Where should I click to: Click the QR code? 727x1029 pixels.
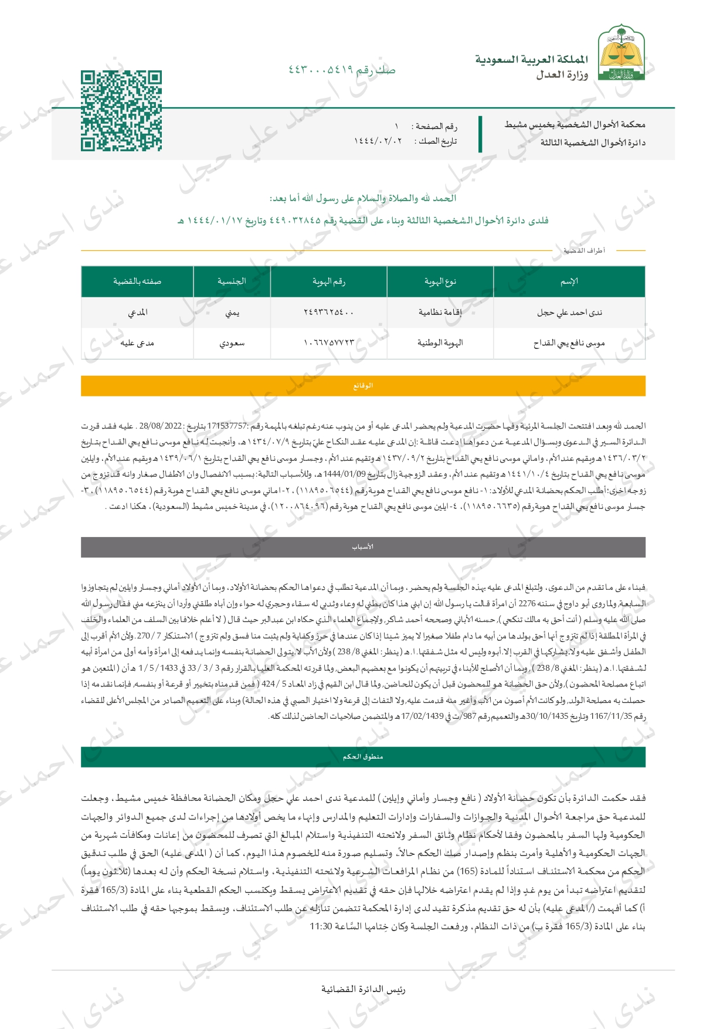121,111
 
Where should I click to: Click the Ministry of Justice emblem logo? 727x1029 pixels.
621,53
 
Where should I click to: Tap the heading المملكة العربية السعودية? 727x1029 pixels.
531,60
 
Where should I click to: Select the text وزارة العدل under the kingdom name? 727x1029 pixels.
562,75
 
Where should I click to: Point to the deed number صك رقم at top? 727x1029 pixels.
342,70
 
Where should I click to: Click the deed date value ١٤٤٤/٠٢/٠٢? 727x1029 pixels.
378,141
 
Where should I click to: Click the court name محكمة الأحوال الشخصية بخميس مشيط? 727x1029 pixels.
575,124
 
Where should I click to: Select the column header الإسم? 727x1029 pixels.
569,281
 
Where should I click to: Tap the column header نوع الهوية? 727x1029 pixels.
440,281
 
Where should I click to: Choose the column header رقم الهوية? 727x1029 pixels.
328,281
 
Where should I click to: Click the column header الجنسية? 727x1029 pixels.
232,281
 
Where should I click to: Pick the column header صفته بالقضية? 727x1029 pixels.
137,281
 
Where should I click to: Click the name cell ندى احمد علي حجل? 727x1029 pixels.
569,313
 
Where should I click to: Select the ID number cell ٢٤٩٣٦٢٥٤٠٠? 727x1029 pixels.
328,313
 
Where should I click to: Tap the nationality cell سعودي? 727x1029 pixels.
232,343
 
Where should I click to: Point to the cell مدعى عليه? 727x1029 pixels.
137,343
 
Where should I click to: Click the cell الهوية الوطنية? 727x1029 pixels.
440,343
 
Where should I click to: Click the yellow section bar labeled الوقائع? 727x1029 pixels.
363,386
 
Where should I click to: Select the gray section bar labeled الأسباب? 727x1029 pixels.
363,547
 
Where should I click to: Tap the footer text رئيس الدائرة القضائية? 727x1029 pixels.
363,989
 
